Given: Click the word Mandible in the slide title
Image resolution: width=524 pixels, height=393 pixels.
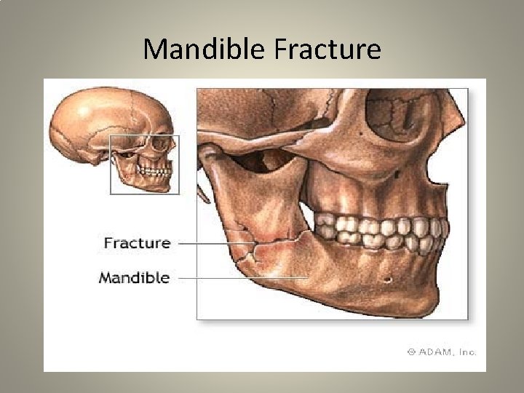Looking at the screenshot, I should click(x=205, y=49).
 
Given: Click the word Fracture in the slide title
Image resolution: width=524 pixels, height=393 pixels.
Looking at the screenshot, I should click(x=327, y=49).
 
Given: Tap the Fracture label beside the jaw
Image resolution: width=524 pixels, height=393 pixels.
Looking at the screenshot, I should click(x=137, y=243).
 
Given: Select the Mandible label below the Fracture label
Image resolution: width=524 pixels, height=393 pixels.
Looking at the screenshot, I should click(x=134, y=277).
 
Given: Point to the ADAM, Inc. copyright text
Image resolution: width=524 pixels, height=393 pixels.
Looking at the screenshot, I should click(x=445, y=352).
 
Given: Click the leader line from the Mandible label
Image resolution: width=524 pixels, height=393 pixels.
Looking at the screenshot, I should click(x=240, y=277).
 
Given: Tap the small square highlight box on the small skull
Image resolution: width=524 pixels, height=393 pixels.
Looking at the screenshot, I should click(x=144, y=164).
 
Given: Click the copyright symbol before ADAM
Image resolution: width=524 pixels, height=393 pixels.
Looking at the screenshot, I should click(x=411, y=352).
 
